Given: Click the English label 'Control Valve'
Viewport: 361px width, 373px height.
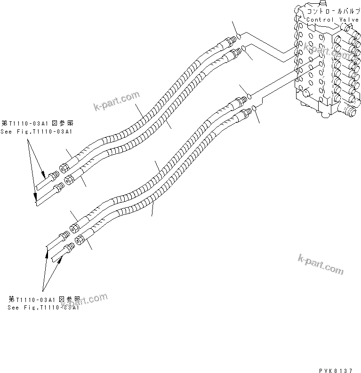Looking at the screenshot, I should [x=333, y=20].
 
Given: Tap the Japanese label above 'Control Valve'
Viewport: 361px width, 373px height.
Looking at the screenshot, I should [x=333, y=10].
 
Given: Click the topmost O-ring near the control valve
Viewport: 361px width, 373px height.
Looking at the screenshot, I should [x=240, y=36].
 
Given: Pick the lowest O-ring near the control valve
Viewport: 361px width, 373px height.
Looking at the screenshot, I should [x=254, y=109].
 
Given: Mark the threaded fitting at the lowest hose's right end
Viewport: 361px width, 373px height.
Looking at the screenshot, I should [x=245, y=112].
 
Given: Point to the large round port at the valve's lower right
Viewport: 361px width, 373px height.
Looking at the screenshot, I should [x=349, y=111].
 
